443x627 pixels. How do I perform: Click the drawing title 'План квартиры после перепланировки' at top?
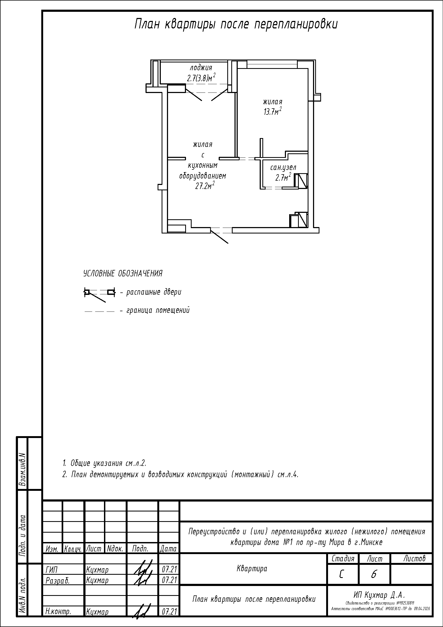[236, 25]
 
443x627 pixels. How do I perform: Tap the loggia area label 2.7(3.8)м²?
[201, 78]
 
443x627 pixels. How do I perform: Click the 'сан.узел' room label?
[283, 167]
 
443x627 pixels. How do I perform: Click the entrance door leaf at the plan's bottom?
[219, 236]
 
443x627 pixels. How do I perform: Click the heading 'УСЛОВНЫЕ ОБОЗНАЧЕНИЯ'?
[123, 273]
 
